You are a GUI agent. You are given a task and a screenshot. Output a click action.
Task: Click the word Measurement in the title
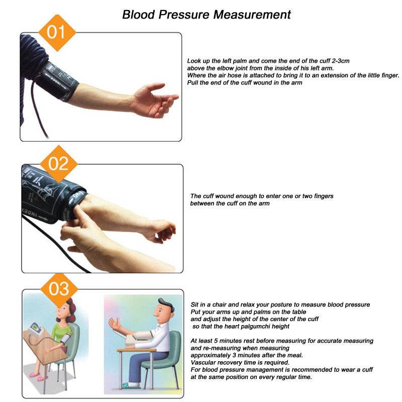[252, 15]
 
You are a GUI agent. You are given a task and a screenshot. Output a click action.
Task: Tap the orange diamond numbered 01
[57, 33]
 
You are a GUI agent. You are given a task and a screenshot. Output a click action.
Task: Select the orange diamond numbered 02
[59, 164]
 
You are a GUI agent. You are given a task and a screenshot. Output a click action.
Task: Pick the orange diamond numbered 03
[59, 290]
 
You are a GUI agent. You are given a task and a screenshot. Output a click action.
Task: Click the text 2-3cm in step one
[341, 61]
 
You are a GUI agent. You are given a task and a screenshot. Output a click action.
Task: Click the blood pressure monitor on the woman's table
[35, 329]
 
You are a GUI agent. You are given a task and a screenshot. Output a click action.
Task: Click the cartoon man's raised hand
[116, 324]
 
